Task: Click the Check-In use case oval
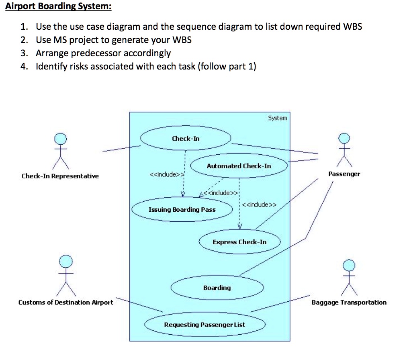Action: point(185,139)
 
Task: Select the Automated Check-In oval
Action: point(239,166)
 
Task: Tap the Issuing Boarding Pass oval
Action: point(182,210)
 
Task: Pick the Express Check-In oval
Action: point(239,242)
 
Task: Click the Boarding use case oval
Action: point(217,288)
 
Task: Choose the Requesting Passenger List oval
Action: point(204,325)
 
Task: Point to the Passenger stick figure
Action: point(344,150)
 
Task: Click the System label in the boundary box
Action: point(278,118)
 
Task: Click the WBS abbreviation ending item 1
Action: point(352,27)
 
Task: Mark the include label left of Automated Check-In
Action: point(167,175)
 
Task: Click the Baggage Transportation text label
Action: point(349,303)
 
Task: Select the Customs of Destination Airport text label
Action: point(66,303)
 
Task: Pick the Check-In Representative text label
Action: point(60,176)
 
